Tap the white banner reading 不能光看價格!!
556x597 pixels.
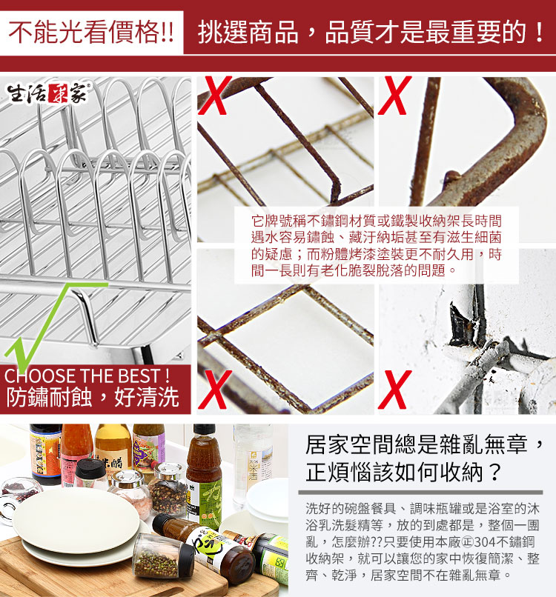point(91,33)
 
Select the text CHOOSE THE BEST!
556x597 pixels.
point(87,376)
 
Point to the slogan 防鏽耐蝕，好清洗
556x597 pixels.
point(93,398)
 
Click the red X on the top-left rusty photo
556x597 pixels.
point(215,96)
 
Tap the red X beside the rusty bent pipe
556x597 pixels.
point(395,96)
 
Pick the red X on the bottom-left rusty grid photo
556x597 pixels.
point(215,389)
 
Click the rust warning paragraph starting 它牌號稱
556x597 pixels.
point(376,246)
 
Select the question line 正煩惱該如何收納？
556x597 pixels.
point(404,473)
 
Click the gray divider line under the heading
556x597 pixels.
point(421,493)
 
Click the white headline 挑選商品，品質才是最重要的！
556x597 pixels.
point(371,33)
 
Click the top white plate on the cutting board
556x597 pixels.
point(76,520)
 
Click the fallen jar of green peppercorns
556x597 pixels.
point(164,557)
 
